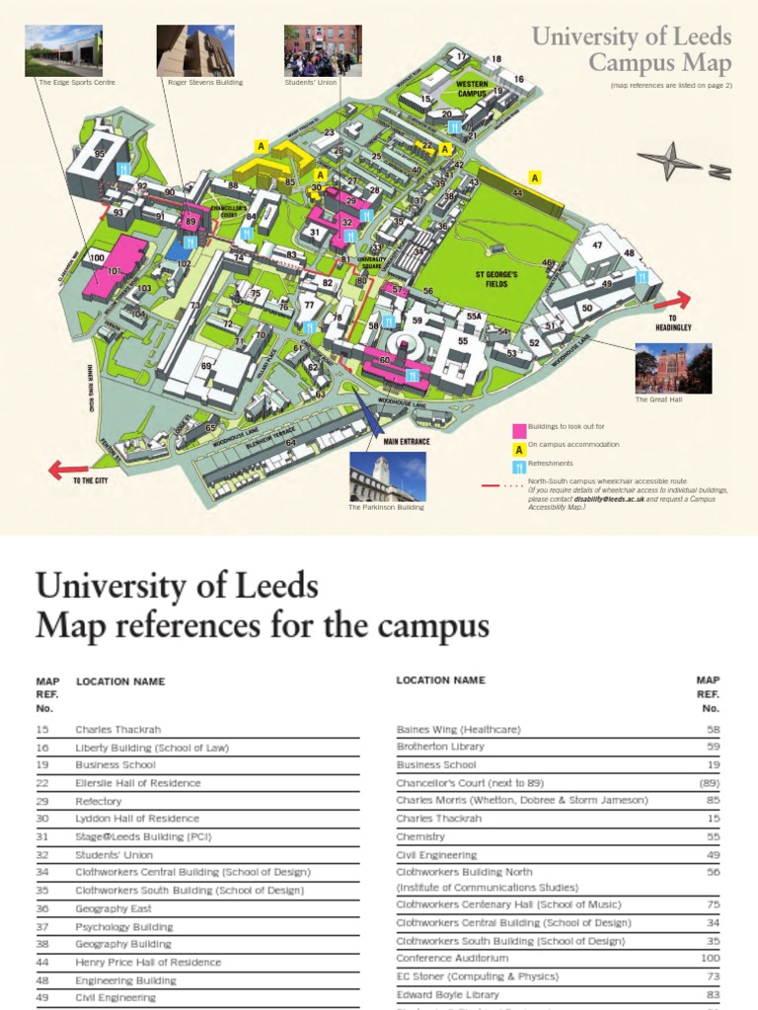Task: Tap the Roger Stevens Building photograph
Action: [x=195, y=51]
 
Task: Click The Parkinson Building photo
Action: [x=387, y=477]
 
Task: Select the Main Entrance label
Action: [x=407, y=442]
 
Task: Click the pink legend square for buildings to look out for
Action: [x=518, y=430]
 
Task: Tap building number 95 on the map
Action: [x=100, y=154]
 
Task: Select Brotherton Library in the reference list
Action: [x=440, y=747]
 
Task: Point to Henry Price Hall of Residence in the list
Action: [x=148, y=962]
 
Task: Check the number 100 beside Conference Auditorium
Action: [x=708, y=958]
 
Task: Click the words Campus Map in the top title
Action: [x=660, y=65]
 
